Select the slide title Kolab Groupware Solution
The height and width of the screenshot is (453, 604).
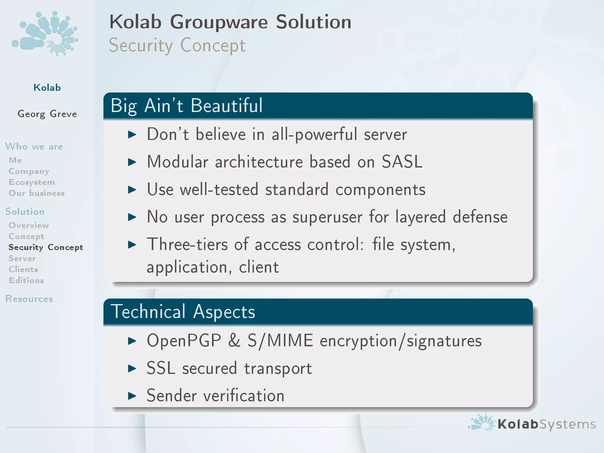click(x=230, y=22)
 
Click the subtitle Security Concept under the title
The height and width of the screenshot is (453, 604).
click(x=177, y=46)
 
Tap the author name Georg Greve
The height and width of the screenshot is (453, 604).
click(x=47, y=114)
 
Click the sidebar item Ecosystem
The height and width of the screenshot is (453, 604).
click(x=32, y=182)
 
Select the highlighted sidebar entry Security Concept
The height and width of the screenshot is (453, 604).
click(x=46, y=247)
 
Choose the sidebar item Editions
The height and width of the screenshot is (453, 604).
click(x=26, y=280)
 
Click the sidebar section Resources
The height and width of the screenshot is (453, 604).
click(x=29, y=299)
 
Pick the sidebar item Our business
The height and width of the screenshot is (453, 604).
click(x=37, y=193)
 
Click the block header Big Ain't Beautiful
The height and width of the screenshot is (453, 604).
click(x=186, y=106)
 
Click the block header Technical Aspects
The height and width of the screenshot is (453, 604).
click(x=183, y=312)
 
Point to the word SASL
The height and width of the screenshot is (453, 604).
click(x=402, y=162)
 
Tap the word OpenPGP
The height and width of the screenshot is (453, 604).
click(x=184, y=341)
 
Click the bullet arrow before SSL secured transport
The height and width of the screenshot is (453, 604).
click(x=132, y=368)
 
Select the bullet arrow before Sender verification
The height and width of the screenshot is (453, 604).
click(x=132, y=396)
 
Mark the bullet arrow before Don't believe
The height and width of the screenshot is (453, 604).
click(x=132, y=135)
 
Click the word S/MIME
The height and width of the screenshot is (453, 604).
click(x=280, y=341)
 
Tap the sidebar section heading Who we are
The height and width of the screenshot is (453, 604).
click(x=34, y=147)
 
